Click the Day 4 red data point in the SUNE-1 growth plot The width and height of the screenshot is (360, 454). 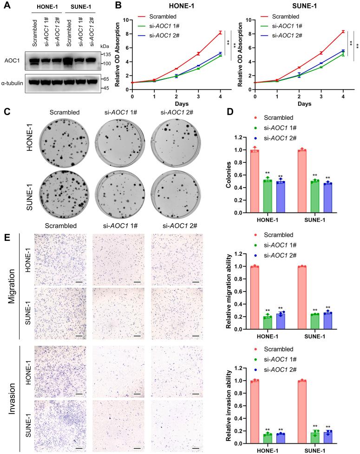click(343, 32)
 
